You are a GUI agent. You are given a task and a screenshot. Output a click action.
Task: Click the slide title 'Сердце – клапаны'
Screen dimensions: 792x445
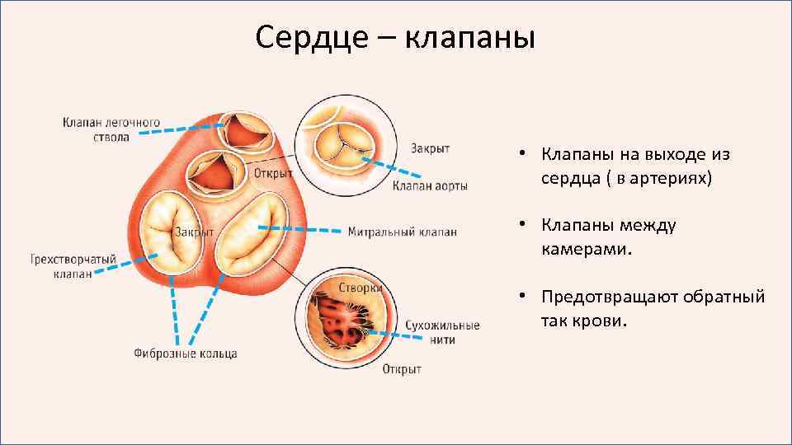(395, 37)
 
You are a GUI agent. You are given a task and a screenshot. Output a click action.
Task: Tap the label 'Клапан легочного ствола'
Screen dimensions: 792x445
(111, 129)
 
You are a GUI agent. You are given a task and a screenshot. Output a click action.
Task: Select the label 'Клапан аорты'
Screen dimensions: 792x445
(430, 186)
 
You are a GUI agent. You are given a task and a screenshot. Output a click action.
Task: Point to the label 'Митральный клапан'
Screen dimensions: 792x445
(402, 232)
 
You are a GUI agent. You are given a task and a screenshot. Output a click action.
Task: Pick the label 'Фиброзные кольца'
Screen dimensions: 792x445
(186, 354)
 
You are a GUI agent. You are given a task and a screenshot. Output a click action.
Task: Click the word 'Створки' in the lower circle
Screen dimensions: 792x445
(360, 288)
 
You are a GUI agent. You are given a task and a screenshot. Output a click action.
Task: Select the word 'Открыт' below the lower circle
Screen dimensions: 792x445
(402, 369)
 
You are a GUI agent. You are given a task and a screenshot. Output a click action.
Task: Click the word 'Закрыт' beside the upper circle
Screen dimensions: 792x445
(430, 148)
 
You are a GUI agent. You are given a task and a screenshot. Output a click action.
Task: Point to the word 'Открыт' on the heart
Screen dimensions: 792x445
(274, 173)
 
